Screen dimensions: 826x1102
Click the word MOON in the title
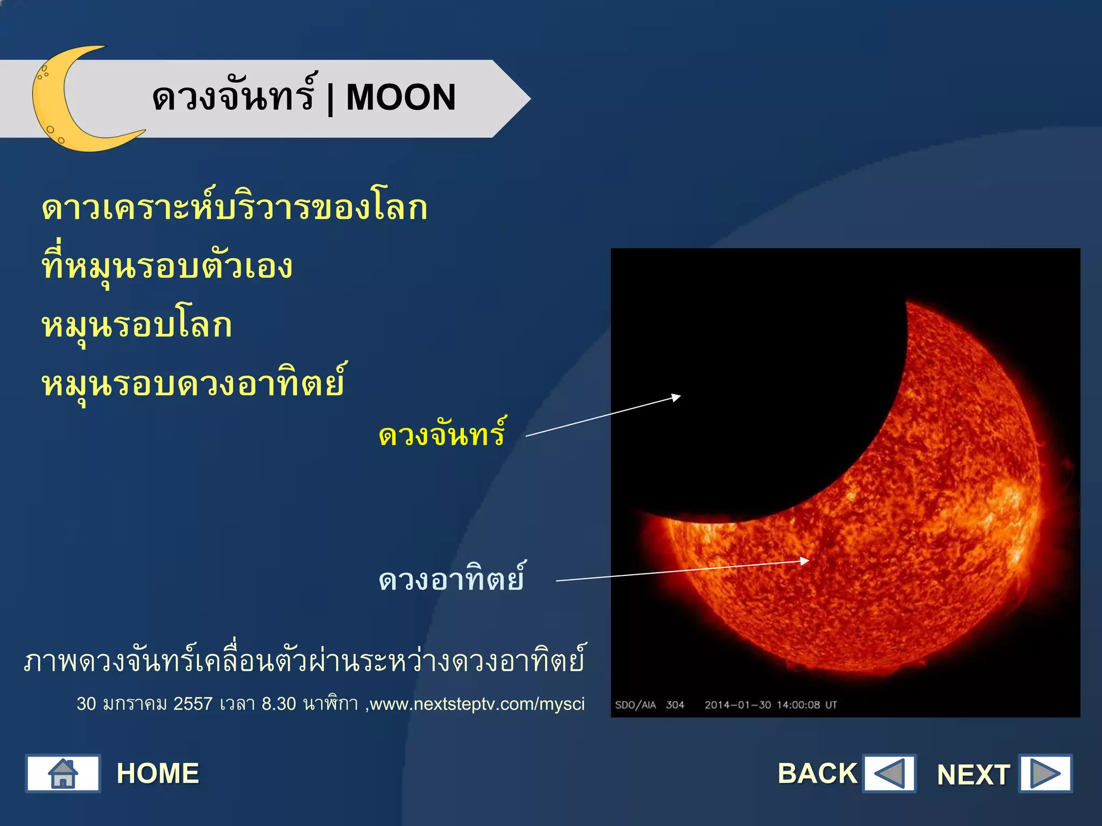[401, 98]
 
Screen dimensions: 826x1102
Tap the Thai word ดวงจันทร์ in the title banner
[233, 97]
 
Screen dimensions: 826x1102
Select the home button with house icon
[63, 773]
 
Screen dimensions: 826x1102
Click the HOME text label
[158, 774]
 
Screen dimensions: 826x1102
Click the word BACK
[817, 774]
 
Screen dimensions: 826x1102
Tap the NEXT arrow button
[1045, 774]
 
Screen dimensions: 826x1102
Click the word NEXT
[973, 775]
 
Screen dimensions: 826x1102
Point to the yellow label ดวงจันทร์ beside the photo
[442, 435]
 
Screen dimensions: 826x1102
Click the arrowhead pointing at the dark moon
[676, 397]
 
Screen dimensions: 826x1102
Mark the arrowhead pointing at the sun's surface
[805, 561]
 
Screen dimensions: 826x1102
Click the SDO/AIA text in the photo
[635, 705]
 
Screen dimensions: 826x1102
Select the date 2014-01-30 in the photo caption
[738, 705]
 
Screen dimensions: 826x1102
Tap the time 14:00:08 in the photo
[798, 705]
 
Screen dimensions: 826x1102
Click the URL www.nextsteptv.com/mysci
[477, 704]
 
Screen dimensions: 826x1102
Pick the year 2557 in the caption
[193, 704]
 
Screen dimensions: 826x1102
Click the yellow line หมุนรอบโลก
[137, 326]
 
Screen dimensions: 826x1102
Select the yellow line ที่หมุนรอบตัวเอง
[167, 266]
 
